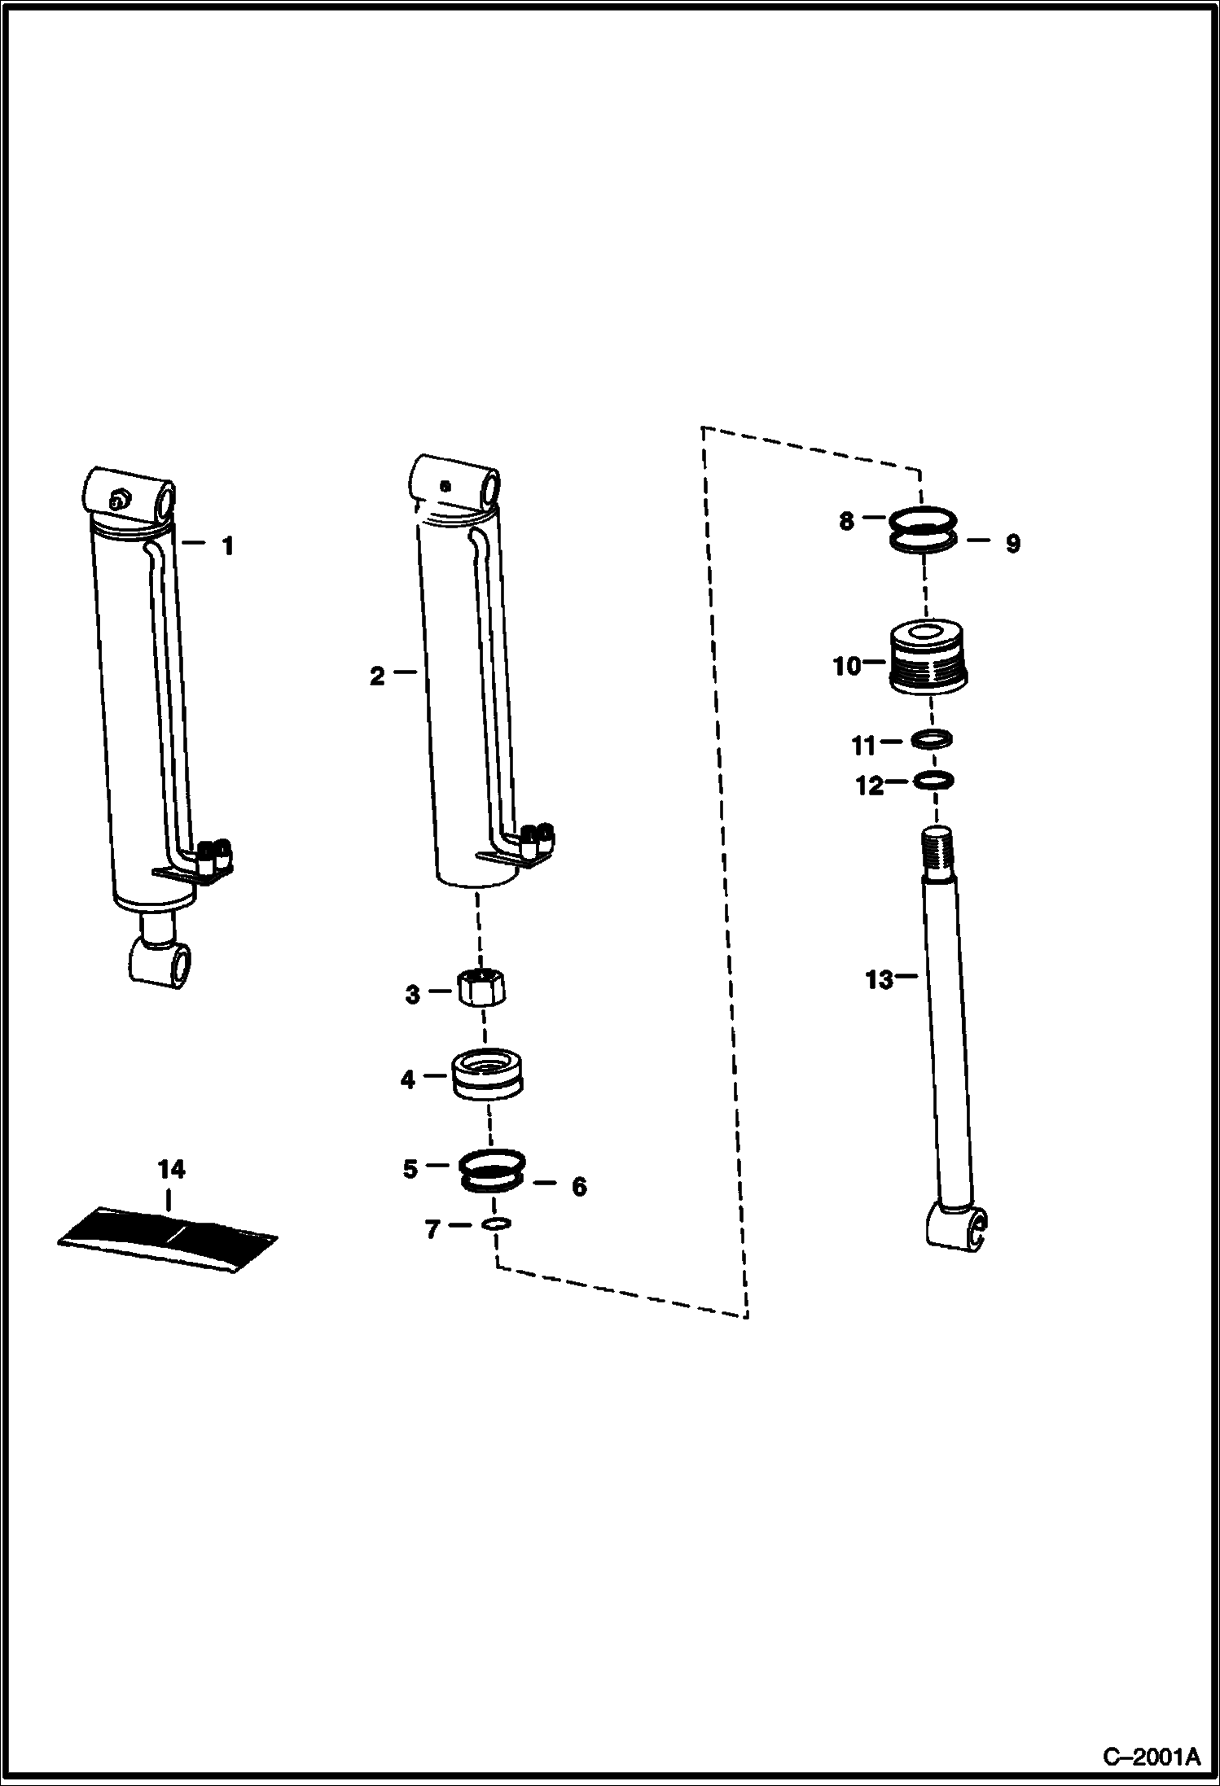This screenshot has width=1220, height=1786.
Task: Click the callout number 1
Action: coord(228,546)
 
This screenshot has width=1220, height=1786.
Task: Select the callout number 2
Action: coord(376,676)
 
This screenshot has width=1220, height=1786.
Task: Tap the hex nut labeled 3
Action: coord(481,989)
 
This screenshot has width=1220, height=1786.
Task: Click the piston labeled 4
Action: coord(487,1076)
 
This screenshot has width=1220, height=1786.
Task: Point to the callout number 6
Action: coord(578,1187)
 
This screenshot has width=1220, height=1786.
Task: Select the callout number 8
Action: coord(847,521)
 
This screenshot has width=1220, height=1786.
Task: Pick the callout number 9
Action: coord(1012,544)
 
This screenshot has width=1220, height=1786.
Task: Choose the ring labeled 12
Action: coord(934,781)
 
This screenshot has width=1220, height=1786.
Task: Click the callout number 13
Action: coord(879,980)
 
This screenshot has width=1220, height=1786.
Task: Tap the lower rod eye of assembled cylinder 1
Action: coord(164,965)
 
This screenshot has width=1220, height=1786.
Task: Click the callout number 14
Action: coord(171,1170)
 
